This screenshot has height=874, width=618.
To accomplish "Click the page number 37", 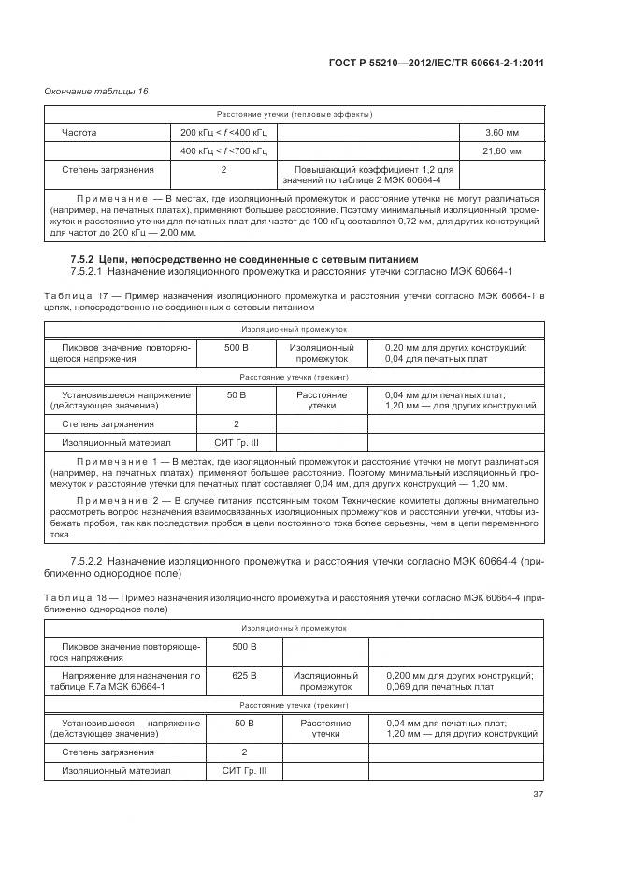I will [538, 795].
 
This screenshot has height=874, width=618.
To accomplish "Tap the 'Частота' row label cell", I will [79, 133].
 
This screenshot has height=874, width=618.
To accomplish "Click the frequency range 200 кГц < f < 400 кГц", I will [223, 133].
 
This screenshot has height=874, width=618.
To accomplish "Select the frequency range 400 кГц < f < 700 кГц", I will [223, 150].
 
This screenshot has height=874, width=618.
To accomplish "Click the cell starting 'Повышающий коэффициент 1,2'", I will [368, 175].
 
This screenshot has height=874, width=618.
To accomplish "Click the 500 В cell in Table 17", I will [236, 347].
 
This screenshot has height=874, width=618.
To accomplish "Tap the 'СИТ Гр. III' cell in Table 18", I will [244, 771].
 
